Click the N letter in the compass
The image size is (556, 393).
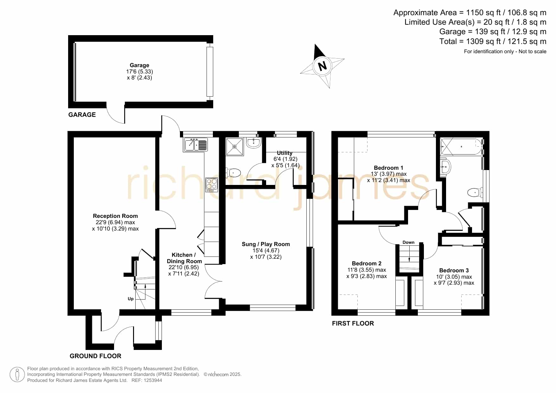[x=322, y=66]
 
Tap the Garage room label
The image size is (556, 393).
[x=139, y=65]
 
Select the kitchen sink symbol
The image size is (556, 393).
[x=195, y=145]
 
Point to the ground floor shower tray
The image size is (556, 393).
[x=235, y=147]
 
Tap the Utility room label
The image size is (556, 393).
[x=284, y=153]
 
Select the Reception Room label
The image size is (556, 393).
[x=115, y=216]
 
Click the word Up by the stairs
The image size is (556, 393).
[x=131, y=299]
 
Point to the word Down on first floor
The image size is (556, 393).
[x=408, y=242]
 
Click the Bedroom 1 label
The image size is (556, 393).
[x=388, y=168]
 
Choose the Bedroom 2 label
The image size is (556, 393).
[x=367, y=263]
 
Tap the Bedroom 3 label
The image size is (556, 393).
[x=454, y=270]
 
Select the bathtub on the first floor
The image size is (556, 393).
[x=462, y=147]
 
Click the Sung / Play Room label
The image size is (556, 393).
[x=266, y=244]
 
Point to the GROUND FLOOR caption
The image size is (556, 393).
[x=95, y=356]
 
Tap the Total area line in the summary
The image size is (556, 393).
[x=493, y=41]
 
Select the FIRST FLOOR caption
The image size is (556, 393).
[x=353, y=323]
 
